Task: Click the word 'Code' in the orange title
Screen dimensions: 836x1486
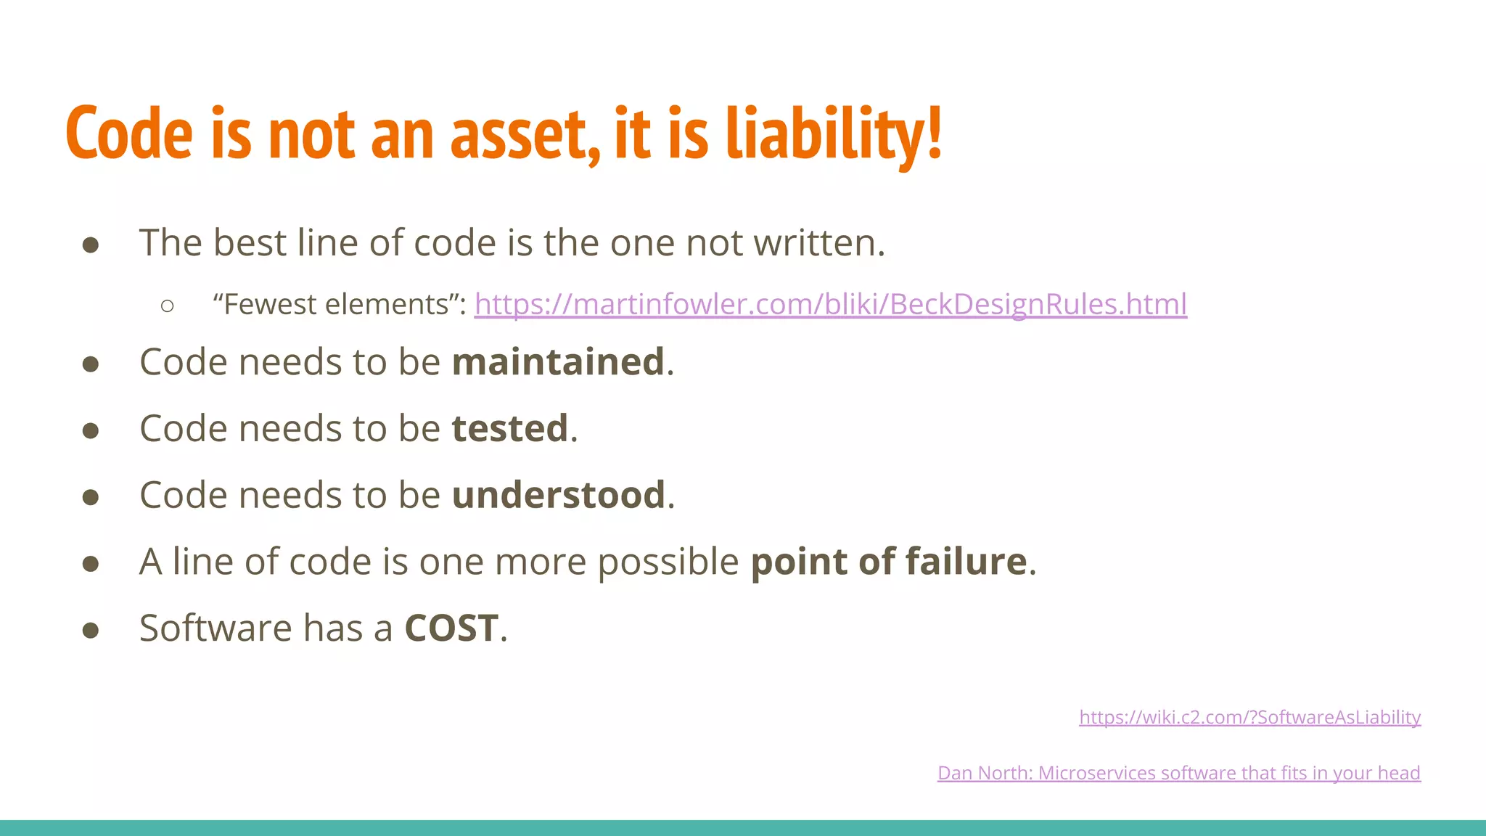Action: (130, 134)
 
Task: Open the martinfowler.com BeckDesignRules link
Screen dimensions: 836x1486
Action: (830, 304)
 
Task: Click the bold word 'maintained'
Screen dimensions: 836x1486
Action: (558, 361)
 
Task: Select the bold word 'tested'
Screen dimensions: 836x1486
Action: (509, 428)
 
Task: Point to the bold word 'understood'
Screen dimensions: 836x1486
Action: (558, 495)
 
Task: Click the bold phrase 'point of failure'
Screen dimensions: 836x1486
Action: (889, 562)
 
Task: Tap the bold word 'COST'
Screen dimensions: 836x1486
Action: (451, 628)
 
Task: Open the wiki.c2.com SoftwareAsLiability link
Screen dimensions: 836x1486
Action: (1249, 717)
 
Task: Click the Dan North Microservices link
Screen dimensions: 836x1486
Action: (1178, 773)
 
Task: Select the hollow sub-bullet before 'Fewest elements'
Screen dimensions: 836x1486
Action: (168, 306)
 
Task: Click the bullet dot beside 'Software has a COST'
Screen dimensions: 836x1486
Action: (91, 630)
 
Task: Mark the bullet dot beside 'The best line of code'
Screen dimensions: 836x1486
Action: (91, 245)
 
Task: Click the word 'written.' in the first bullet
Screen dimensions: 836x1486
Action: (819, 242)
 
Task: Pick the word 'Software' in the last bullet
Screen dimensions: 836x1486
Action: (215, 628)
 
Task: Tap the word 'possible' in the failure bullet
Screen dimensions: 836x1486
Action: (668, 562)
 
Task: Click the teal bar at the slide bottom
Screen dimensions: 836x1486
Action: (743, 828)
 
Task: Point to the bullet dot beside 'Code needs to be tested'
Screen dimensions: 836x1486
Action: (91, 430)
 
